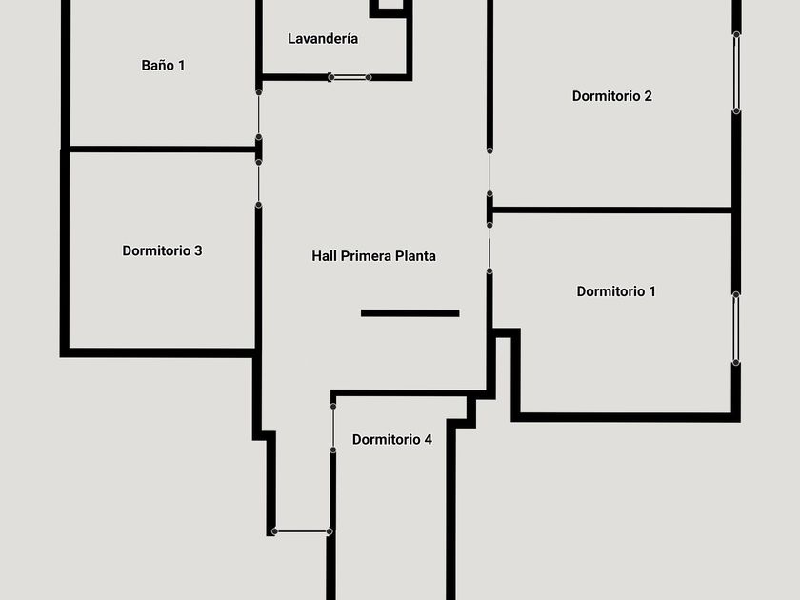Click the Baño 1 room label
(x=163, y=66)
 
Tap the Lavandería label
(x=323, y=39)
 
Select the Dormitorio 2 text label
(x=612, y=96)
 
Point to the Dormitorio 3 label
(x=162, y=250)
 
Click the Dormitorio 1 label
(x=616, y=291)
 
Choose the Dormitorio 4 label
(x=392, y=439)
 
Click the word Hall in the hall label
(x=324, y=256)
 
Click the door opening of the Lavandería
(x=350, y=77)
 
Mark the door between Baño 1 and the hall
(x=259, y=115)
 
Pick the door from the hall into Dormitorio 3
(x=259, y=184)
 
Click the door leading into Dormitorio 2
(x=490, y=172)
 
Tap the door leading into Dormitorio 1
(x=490, y=248)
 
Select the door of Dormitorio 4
(x=333, y=428)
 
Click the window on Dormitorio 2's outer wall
(x=737, y=73)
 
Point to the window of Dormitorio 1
(x=736, y=329)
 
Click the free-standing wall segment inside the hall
(x=410, y=313)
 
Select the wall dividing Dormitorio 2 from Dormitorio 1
(x=612, y=210)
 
